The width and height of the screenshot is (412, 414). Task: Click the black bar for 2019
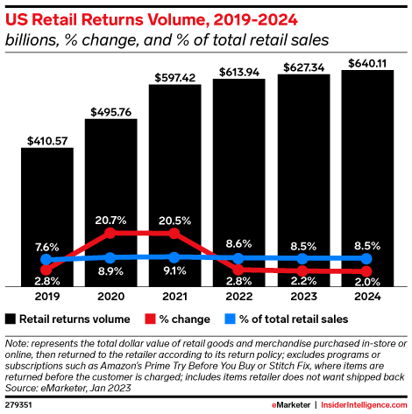coord(47,219)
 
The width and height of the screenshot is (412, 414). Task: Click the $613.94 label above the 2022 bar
coord(238,70)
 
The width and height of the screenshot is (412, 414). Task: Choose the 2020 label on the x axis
coord(111,297)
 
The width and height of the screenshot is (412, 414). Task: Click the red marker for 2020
coord(111,234)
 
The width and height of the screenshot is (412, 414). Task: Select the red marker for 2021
coord(174,234)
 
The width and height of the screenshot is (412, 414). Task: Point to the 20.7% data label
coord(111,217)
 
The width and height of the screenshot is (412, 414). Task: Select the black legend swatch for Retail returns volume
coord(11,319)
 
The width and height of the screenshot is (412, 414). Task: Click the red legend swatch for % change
coord(150,319)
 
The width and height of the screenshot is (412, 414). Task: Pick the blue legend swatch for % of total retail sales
coord(231,319)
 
